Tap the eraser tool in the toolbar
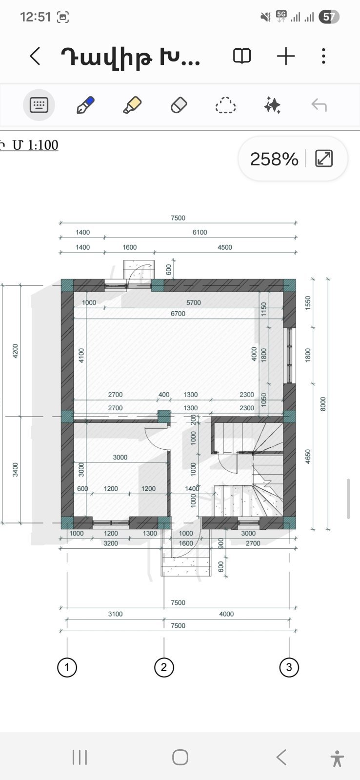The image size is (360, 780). pos(179,105)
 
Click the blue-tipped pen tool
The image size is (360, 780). pos(85,105)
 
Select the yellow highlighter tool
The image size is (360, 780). pos(132,105)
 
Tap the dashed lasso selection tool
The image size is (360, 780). pos(225,105)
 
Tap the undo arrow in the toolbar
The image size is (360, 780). pos(319,105)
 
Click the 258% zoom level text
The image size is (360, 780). pos(274,159)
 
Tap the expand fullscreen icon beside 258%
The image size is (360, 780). pos(324,159)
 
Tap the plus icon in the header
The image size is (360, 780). pos(286,56)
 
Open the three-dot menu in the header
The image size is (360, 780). pos(323,56)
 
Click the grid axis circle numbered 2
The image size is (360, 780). pos(163,667)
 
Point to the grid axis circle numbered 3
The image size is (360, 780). pos(289,667)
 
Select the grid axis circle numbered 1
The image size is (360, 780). pos(67,667)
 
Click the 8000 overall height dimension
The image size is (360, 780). pos(323,404)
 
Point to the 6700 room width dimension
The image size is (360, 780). pos(178,314)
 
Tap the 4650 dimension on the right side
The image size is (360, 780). pos(308,457)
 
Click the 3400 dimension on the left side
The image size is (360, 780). pos(15,470)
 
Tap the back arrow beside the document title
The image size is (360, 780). pos(35,56)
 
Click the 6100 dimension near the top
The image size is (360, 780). pos(200,232)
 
